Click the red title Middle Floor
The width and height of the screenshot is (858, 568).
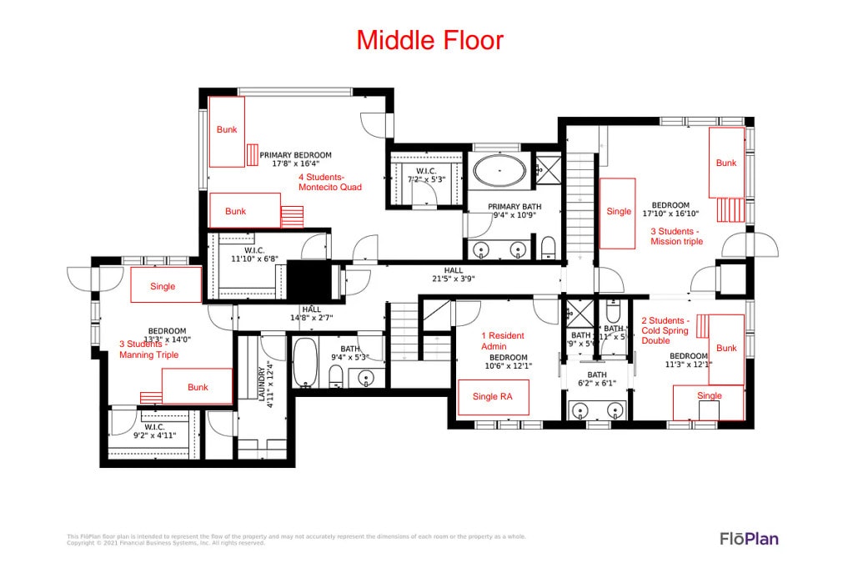point(429,39)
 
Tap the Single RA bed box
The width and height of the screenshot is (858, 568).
point(493,396)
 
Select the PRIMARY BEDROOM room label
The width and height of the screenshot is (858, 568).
point(295,159)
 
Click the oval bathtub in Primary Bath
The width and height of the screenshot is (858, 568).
point(499,174)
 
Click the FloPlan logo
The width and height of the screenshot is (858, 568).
point(749,539)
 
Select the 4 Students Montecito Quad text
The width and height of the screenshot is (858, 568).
point(330,182)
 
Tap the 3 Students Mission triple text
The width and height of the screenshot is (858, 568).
point(676,236)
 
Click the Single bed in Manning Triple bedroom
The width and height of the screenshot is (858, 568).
point(165,285)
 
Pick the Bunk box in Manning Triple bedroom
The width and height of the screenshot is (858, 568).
point(197,387)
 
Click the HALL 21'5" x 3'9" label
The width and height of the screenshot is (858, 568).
point(453,274)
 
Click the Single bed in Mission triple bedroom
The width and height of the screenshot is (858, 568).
point(618,212)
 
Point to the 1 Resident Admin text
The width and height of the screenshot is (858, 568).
point(503,340)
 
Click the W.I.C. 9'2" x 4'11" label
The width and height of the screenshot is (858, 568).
point(154,431)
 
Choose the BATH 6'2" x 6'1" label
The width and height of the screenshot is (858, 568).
point(597,379)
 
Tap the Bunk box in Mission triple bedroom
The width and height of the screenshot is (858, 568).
point(726,163)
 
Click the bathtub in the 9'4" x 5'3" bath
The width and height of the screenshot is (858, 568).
point(304,363)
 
